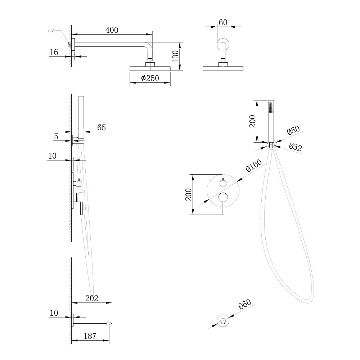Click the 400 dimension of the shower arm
(x=112, y=30)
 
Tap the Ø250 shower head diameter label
(x=150, y=78)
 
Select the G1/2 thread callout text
(x=52, y=31)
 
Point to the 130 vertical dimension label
(x=175, y=56)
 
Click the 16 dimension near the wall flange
(x=54, y=52)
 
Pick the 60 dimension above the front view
(x=223, y=22)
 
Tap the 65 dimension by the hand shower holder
(x=102, y=127)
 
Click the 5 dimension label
(x=56, y=136)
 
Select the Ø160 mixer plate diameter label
(x=254, y=165)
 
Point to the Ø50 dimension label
(x=293, y=130)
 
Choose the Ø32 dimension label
(x=295, y=147)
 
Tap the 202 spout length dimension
(x=91, y=298)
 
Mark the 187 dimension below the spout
(x=90, y=336)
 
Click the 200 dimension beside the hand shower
(x=253, y=121)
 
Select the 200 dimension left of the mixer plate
(x=189, y=194)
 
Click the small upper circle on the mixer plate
(x=223, y=183)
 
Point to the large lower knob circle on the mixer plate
(x=223, y=197)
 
